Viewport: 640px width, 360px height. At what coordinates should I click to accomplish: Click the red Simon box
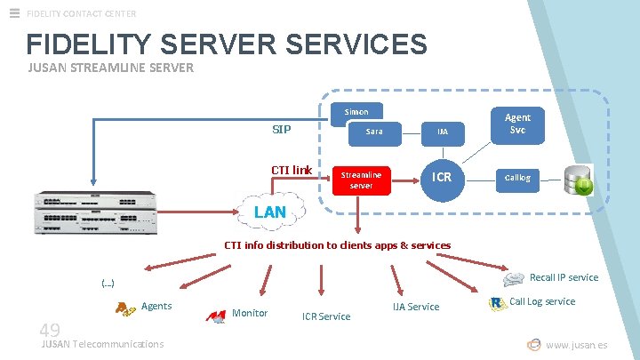pos(356,111)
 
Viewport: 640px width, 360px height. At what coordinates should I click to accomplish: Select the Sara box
pos(374,132)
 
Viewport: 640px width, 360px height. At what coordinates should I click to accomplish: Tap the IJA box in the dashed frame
pos(442,132)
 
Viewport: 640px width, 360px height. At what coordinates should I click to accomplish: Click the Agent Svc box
pos(517,124)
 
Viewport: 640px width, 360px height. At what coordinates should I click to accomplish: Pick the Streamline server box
pos(361,180)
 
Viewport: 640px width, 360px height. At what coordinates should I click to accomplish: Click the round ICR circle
pos(442,177)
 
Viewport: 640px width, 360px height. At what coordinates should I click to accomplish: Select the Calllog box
pos(517,178)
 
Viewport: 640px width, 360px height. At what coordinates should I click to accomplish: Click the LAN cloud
pos(270,212)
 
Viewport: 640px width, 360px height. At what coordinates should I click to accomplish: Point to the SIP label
pos(281,130)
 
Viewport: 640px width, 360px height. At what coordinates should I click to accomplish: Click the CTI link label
pos(292,170)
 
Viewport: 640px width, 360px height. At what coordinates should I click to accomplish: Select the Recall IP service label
pos(564,277)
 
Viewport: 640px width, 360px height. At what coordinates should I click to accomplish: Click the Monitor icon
pos(215,316)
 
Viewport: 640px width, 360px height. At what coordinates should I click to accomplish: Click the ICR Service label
pos(326,316)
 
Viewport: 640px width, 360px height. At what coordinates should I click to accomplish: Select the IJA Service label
pos(416,307)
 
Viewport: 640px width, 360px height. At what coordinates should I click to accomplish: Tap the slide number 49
pos(50,331)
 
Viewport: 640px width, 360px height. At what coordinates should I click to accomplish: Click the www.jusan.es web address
pos(576,345)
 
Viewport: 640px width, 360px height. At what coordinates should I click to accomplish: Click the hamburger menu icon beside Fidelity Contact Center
pos(14,12)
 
